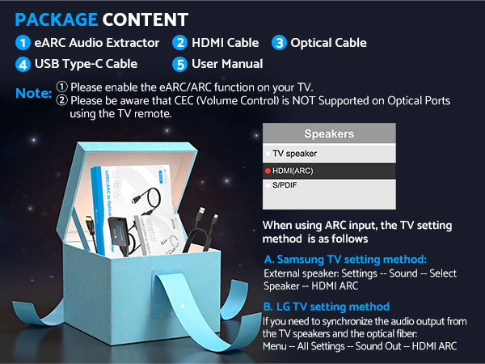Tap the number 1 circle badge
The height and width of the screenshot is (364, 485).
[23, 43]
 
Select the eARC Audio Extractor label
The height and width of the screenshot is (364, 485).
[97, 43]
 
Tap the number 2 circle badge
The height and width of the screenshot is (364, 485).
[180, 43]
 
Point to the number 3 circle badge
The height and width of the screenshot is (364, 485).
[279, 43]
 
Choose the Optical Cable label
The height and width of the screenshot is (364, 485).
[328, 43]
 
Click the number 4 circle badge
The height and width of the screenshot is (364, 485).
[23, 64]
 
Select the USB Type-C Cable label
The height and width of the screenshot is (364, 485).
[86, 64]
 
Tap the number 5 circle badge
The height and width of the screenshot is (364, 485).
[180, 64]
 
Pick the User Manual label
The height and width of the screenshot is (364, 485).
[227, 64]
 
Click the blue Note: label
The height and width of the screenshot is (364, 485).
[33, 95]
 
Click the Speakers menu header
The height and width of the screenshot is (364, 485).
[329, 133]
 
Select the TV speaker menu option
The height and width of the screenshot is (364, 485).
[295, 153]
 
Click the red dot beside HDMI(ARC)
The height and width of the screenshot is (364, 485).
[268, 171]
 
